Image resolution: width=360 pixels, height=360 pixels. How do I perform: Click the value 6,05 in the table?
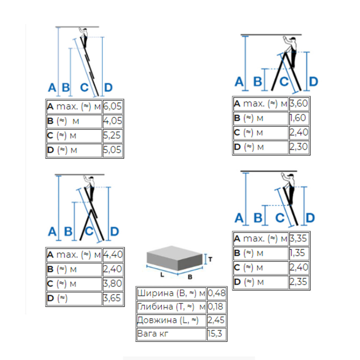(x=112, y=106)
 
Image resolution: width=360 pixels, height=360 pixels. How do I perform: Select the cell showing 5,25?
(x=112, y=135)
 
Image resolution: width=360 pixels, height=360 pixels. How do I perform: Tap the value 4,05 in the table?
(x=112, y=121)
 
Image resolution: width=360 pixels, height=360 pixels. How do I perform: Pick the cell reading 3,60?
(x=298, y=103)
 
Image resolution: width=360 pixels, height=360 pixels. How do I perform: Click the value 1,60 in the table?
(x=298, y=118)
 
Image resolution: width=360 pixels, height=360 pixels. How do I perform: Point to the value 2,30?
(x=298, y=147)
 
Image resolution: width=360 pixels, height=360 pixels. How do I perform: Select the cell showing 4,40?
(x=113, y=254)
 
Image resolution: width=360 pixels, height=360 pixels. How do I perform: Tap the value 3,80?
(x=112, y=283)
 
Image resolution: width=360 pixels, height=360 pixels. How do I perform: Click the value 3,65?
(x=112, y=298)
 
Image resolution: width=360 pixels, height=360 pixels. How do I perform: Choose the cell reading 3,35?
(x=298, y=238)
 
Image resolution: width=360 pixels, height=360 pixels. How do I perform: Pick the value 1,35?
(x=297, y=253)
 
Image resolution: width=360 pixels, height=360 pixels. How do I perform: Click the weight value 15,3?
(x=215, y=334)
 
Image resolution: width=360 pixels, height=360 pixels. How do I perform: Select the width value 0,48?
(x=217, y=293)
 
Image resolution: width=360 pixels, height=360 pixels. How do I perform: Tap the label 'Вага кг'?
(x=153, y=334)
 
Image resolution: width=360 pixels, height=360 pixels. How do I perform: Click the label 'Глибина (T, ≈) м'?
(x=171, y=307)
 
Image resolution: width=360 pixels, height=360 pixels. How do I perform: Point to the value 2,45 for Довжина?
(x=216, y=320)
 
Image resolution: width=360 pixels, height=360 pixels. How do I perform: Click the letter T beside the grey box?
(x=210, y=259)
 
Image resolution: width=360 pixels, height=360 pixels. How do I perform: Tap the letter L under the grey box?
(x=162, y=275)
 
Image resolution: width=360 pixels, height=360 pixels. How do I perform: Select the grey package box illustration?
(x=175, y=258)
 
